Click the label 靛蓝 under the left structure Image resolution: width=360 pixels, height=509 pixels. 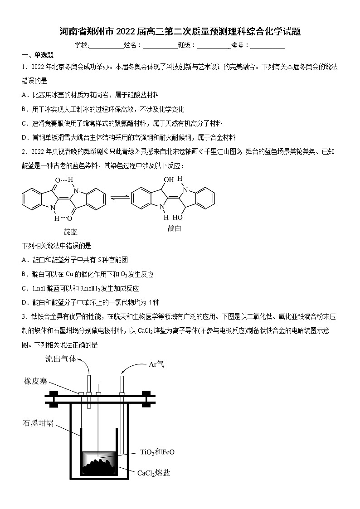(70, 232)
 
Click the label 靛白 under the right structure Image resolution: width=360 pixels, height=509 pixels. (175, 228)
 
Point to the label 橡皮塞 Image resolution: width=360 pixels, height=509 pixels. (36, 381)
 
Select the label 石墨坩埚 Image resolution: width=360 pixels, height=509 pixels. (39, 423)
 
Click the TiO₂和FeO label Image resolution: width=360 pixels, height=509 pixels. (157, 452)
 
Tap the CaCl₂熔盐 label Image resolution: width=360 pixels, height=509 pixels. (154, 473)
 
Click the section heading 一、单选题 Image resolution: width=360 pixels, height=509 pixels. (38, 55)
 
